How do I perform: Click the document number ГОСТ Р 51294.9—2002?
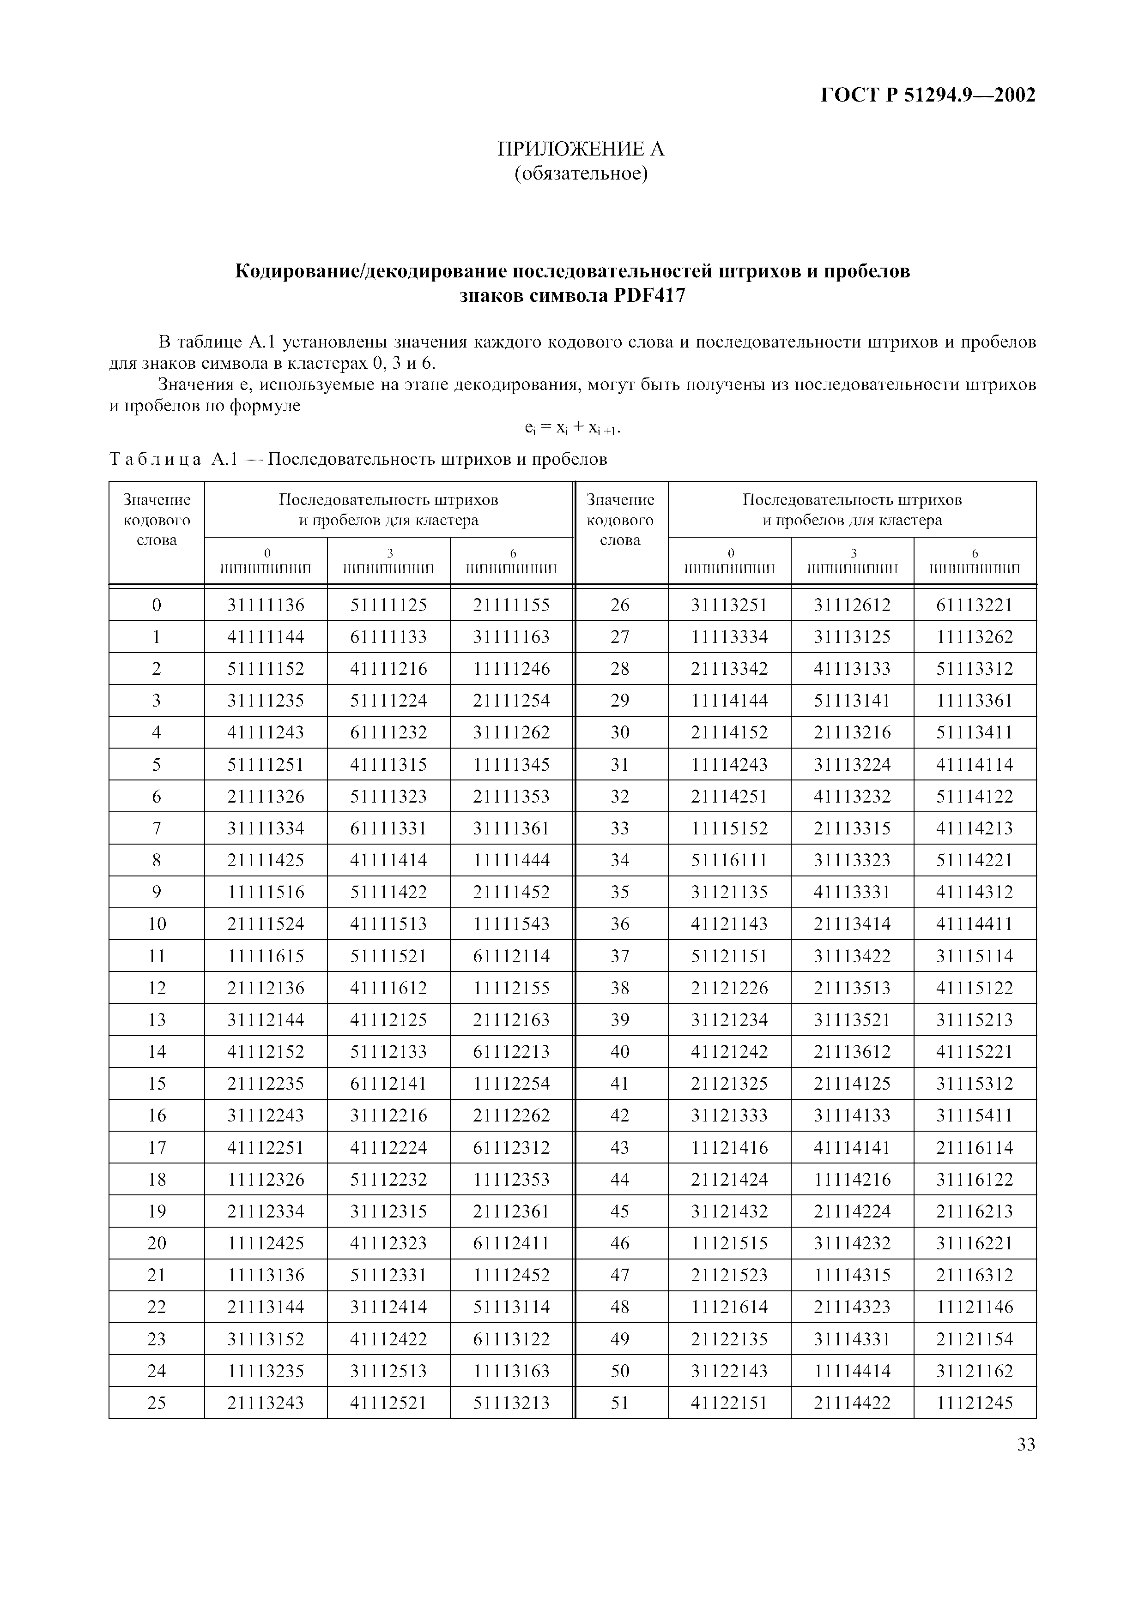(928, 95)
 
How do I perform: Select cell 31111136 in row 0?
(266, 605)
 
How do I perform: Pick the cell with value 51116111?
(729, 860)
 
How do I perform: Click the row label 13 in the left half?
(157, 1019)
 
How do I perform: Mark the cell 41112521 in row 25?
(389, 1403)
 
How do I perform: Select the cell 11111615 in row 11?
(266, 956)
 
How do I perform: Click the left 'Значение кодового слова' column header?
(157, 521)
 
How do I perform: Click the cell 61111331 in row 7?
(389, 828)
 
